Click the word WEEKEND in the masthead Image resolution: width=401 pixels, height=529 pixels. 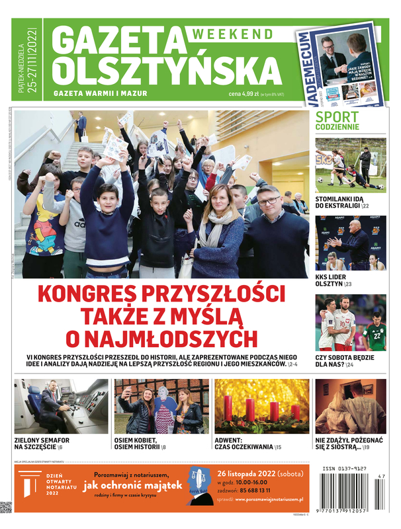pyautogui.click(x=234, y=34)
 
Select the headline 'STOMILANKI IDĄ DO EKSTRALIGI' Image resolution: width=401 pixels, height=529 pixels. pyautogui.click(x=347, y=201)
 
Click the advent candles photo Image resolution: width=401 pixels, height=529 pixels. pyautogui.click(x=261, y=406)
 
